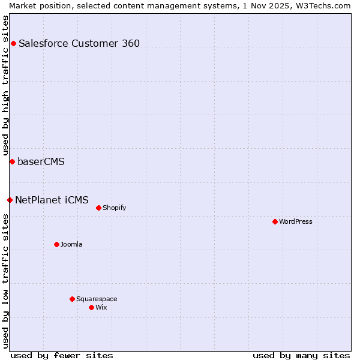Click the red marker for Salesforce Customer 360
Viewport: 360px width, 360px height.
(x=13, y=43)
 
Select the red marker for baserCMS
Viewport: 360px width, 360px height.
(x=12, y=161)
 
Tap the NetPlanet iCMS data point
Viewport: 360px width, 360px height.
(x=10, y=200)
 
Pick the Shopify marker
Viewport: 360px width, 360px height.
(x=98, y=208)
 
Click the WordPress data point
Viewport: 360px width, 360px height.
(x=275, y=221)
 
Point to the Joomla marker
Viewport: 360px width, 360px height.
(x=56, y=244)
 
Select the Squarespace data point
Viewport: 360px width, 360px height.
(x=72, y=299)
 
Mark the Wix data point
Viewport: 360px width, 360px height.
(x=91, y=307)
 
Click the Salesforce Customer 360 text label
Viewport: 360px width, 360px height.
(x=79, y=43)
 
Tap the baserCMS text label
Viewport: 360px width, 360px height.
(x=41, y=161)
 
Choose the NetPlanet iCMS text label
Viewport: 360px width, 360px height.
(x=52, y=200)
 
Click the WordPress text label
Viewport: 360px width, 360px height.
(x=296, y=221)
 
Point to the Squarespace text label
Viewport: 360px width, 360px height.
(x=97, y=299)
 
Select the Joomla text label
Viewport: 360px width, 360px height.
(x=71, y=244)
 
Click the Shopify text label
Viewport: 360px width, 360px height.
(x=114, y=208)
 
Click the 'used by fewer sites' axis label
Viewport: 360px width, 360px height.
(x=62, y=355)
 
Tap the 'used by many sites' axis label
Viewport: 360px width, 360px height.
(x=301, y=355)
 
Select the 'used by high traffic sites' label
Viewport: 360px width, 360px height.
(x=5, y=85)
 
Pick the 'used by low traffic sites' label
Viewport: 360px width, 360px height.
(x=5, y=281)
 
